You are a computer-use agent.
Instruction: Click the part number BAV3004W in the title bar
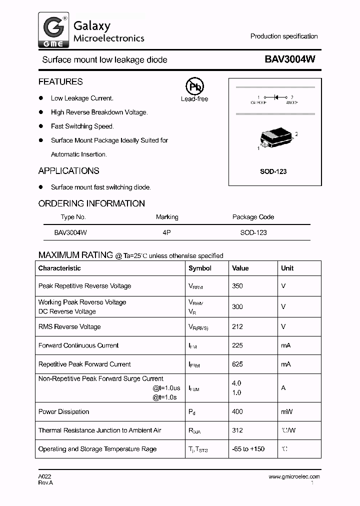pyautogui.click(x=290, y=59)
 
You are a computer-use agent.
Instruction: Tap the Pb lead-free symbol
pyautogui.click(x=194, y=86)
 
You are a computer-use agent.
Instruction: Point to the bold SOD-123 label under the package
pyautogui.click(x=273, y=171)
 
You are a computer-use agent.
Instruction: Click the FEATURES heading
pyautogui.click(x=60, y=81)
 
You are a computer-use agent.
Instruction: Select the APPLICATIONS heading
pyautogui.click(x=69, y=171)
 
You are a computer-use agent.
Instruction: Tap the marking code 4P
pyautogui.click(x=166, y=232)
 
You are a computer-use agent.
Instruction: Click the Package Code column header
pyautogui.click(x=253, y=217)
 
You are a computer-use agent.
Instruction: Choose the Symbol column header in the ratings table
pyautogui.click(x=200, y=268)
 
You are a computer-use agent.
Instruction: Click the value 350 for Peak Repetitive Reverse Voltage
pyautogui.click(x=237, y=286)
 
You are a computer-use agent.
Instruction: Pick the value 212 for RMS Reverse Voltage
pyautogui.click(x=237, y=326)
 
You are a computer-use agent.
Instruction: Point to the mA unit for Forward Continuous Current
pyautogui.click(x=285, y=345)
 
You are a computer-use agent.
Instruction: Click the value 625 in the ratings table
pyautogui.click(x=237, y=364)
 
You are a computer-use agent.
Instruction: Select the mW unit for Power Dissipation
pyautogui.click(x=286, y=411)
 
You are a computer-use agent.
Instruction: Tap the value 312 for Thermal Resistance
pyautogui.click(x=237, y=430)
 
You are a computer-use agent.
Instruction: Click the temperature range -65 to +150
pyautogui.click(x=248, y=449)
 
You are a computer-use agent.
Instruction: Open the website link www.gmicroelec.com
pyautogui.click(x=294, y=477)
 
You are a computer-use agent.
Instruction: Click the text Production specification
pyautogui.click(x=284, y=36)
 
